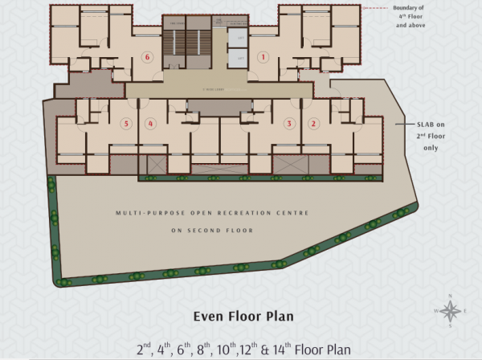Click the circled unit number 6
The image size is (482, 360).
point(146,57)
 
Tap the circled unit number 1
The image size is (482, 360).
point(262,57)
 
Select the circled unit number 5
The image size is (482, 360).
point(126,123)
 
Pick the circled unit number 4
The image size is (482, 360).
point(150,123)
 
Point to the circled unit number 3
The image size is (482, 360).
point(289,123)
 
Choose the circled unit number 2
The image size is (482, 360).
point(314,123)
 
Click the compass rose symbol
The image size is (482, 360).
point(451,310)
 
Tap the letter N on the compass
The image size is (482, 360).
point(451,298)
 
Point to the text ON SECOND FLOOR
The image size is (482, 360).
point(212,230)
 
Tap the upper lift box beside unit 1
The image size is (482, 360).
point(239,37)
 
